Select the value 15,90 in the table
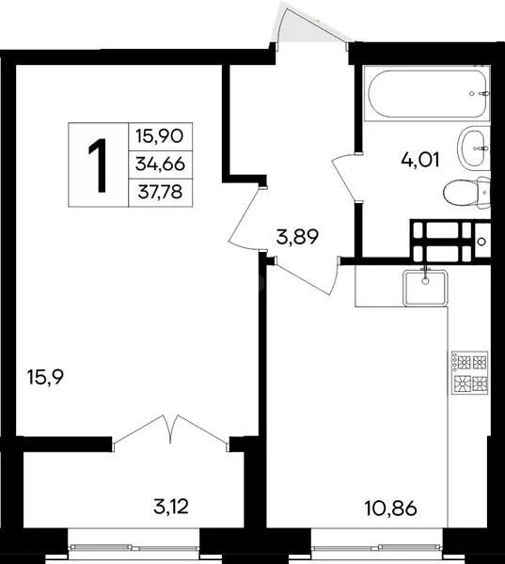click(159, 135)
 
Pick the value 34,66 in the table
click(159, 164)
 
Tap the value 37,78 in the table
click(159, 193)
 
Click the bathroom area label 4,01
click(421, 159)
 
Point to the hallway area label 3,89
click(296, 236)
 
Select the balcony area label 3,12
click(171, 509)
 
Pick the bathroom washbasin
click(474, 145)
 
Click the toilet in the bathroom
click(468, 193)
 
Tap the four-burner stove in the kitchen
click(470, 373)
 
